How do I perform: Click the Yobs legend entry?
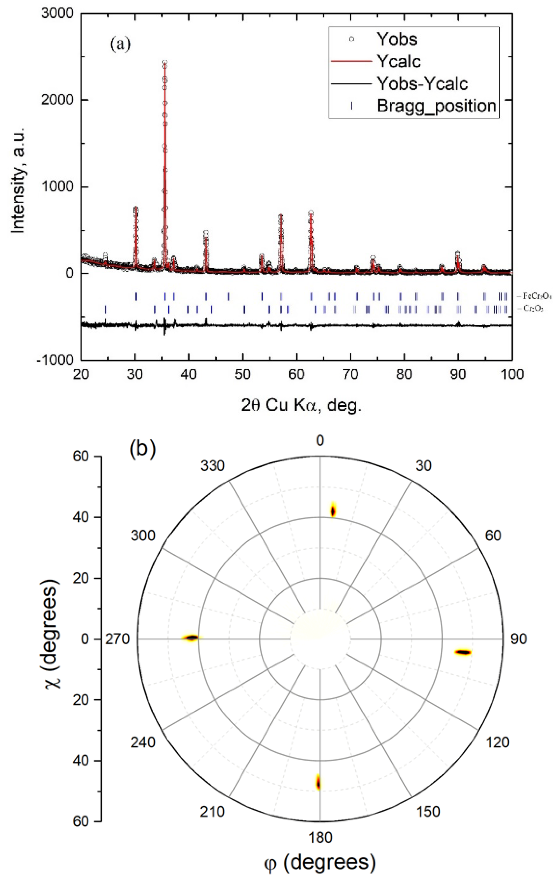click(x=396, y=39)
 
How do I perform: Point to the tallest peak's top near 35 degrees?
click(x=164, y=62)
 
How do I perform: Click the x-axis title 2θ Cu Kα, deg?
click(x=301, y=405)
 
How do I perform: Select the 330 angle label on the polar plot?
click(x=212, y=466)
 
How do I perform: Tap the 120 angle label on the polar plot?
click(x=497, y=742)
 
